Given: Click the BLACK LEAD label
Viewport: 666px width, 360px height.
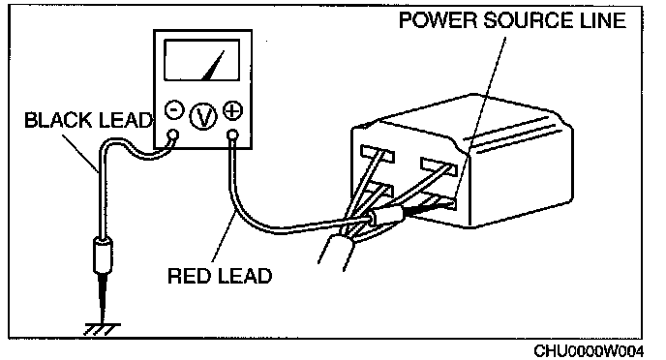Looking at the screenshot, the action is tap(88, 120).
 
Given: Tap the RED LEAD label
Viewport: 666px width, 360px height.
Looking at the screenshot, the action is tap(220, 276).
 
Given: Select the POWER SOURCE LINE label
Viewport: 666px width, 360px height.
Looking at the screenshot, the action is tap(513, 20).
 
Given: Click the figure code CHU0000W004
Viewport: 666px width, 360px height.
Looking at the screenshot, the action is tap(589, 351).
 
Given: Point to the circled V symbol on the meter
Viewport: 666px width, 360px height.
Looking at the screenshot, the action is tap(203, 116).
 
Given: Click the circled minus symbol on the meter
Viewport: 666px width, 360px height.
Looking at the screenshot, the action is tap(174, 109).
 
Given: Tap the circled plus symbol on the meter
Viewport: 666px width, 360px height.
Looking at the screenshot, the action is tap(232, 110).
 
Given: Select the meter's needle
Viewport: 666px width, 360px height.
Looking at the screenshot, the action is tap(213, 66).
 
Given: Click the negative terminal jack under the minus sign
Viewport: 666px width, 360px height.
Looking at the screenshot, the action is tap(173, 135).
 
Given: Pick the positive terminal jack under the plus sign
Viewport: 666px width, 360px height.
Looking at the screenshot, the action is tap(232, 135).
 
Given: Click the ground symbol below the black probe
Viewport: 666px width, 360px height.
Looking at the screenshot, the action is tap(103, 329).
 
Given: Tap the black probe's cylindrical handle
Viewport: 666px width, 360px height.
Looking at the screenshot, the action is tap(104, 255).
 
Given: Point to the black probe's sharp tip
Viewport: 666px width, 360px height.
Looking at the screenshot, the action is tap(103, 321).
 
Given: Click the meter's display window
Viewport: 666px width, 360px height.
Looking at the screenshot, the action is tap(201, 60).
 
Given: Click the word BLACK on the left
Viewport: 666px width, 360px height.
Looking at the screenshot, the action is tap(58, 120).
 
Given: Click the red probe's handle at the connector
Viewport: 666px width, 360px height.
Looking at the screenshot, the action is tap(388, 215).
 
